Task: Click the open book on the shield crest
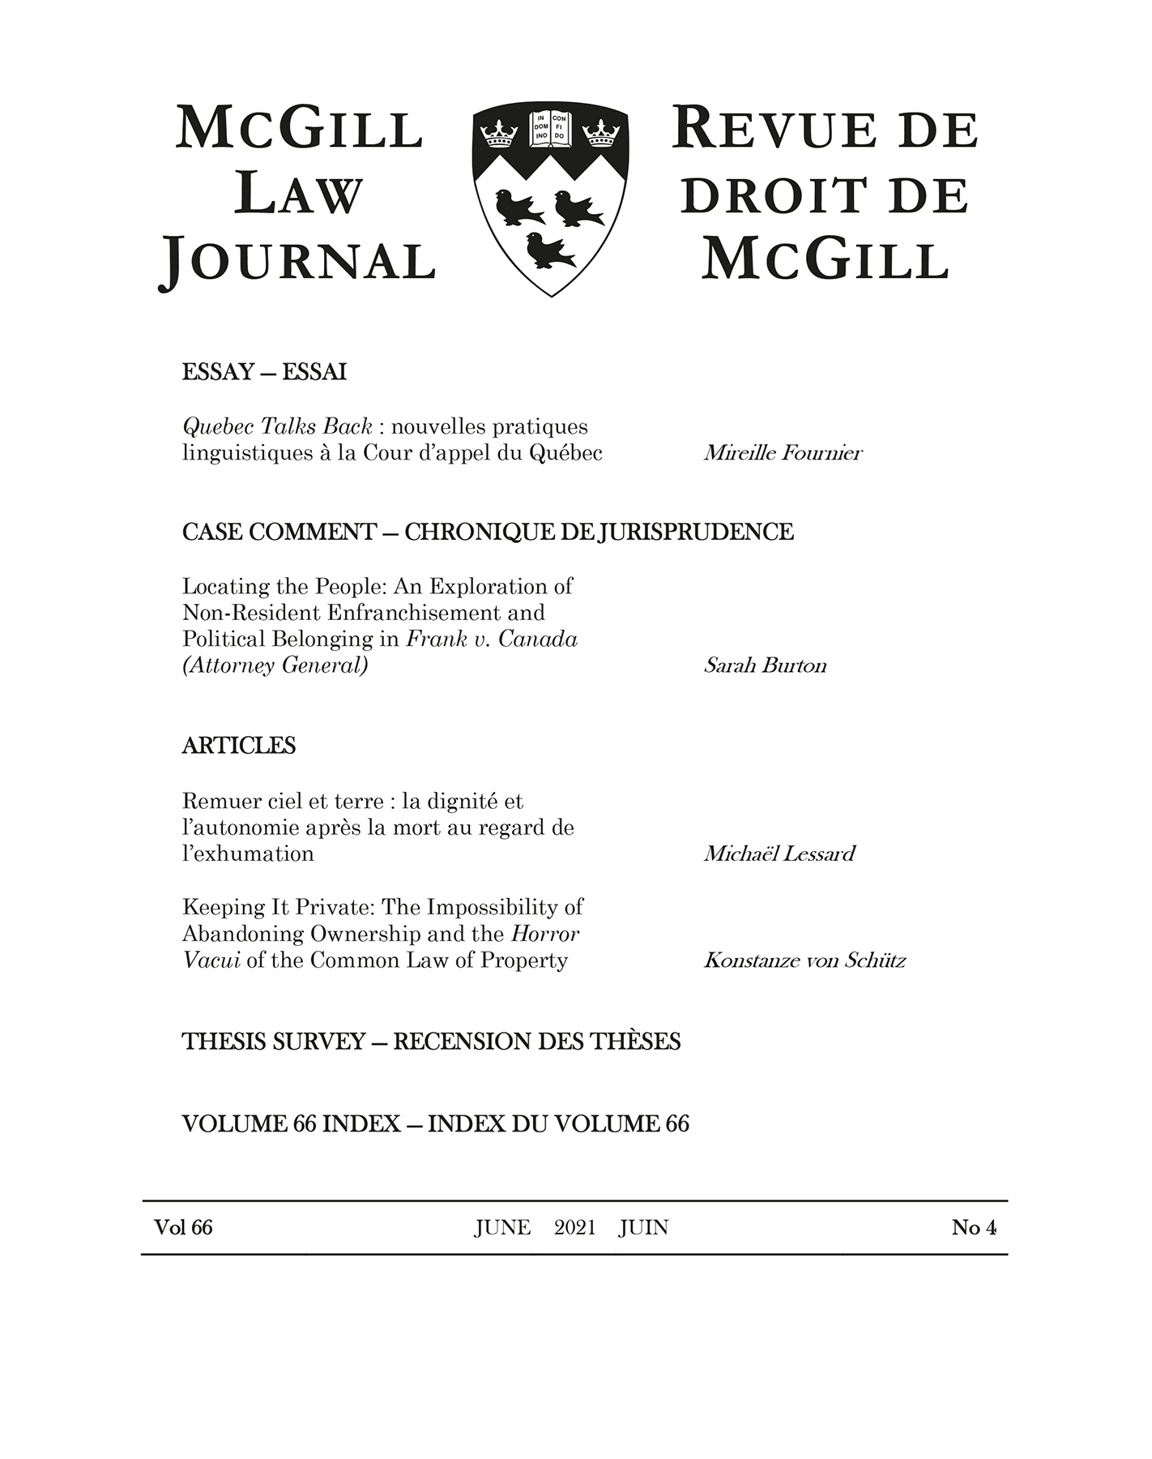(x=550, y=129)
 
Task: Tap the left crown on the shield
(x=499, y=133)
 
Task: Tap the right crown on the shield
(x=601, y=133)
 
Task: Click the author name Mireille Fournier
(x=783, y=452)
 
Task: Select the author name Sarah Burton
(x=765, y=665)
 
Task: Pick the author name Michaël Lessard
(x=779, y=854)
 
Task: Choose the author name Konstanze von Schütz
(x=804, y=961)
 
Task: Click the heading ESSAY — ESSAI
(x=264, y=372)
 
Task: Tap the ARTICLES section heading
(x=239, y=746)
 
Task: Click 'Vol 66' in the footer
(x=183, y=1227)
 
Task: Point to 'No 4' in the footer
(x=974, y=1227)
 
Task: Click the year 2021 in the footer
(x=574, y=1227)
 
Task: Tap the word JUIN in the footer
(x=643, y=1227)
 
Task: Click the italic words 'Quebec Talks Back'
(x=277, y=426)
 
